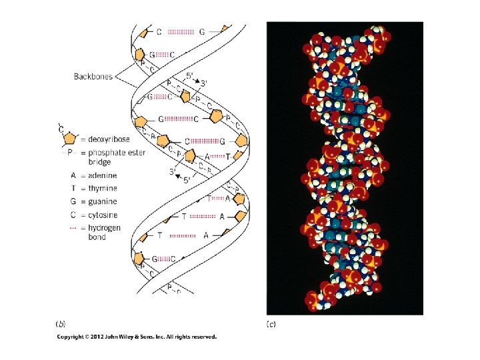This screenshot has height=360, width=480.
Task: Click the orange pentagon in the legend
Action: [x=69, y=139]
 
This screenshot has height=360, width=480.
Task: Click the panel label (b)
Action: [x=61, y=324]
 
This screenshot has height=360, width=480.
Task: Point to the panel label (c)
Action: [x=271, y=324]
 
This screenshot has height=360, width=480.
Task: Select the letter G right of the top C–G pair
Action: [x=202, y=31]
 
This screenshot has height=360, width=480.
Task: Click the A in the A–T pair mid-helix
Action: [x=207, y=155]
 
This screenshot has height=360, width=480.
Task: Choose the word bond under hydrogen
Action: [x=97, y=237]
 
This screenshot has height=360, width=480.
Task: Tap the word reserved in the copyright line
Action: [x=203, y=337]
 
